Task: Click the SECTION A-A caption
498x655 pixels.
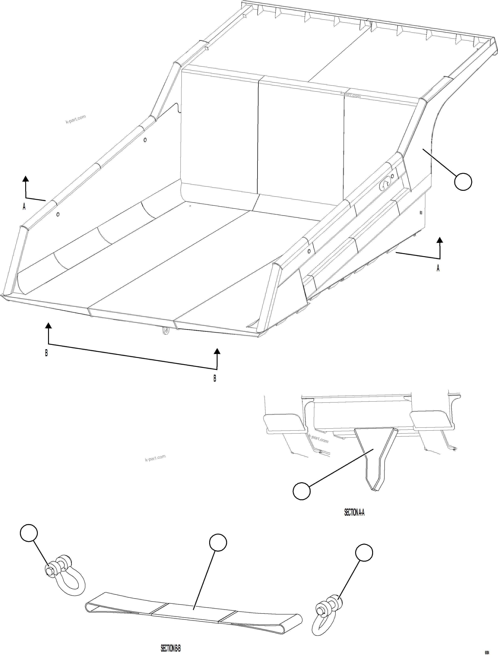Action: (x=354, y=512)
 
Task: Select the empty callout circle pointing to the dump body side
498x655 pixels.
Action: (x=463, y=182)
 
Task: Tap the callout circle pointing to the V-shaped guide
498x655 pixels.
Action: (x=301, y=491)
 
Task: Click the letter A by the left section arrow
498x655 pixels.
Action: (x=24, y=207)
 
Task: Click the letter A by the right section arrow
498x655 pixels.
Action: (x=438, y=268)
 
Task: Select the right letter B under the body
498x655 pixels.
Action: (x=215, y=379)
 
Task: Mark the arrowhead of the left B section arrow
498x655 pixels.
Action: (x=48, y=325)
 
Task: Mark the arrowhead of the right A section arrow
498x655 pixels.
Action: (x=440, y=240)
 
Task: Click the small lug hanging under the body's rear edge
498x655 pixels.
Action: (x=166, y=331)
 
